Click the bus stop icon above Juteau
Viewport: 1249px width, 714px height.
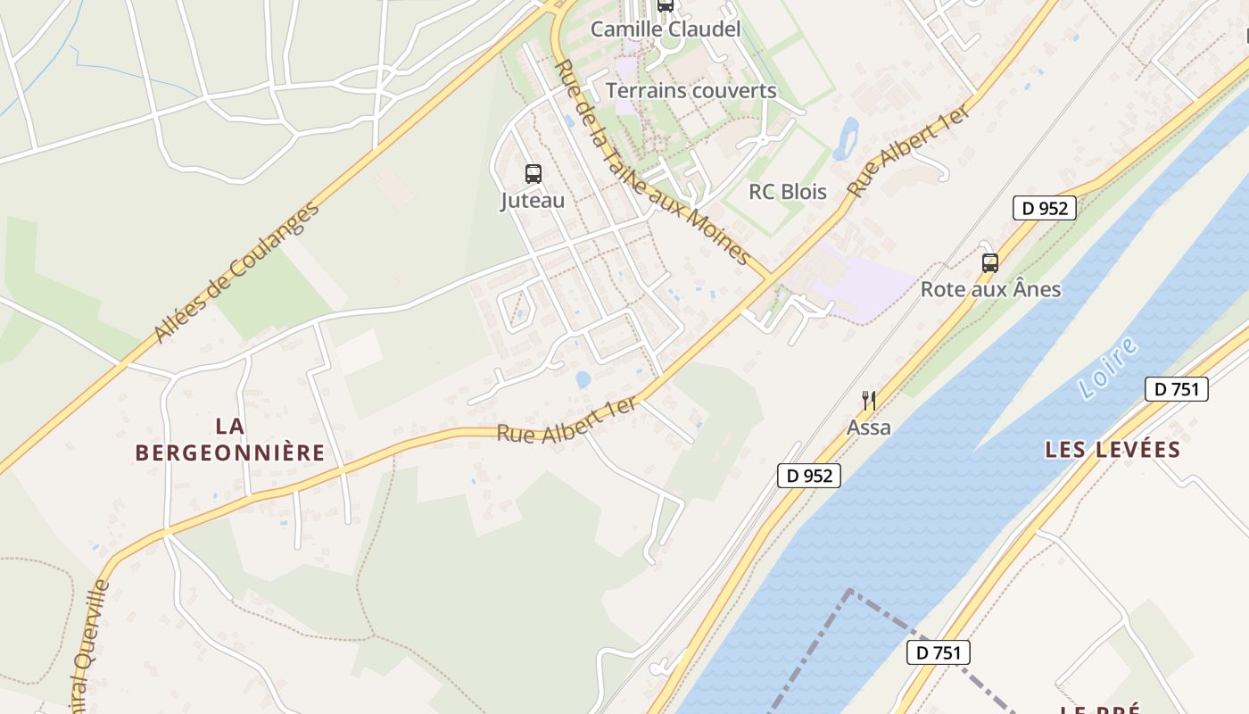(x=533, y=174)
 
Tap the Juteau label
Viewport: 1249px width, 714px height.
(x=533, y=201)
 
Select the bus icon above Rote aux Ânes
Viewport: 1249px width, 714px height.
(x=989, y=263)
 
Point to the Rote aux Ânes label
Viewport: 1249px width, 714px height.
(x=990, y=289)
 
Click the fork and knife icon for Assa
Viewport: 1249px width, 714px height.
(x=869, y=401)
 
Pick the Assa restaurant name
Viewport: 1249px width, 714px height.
(x=869, y=428)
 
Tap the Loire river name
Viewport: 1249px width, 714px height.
(x=1108, y=367)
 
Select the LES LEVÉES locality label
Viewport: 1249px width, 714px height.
(x=1112, y=450)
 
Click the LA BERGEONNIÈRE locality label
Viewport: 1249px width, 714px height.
(x=230, y=439)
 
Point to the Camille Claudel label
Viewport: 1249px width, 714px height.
(x=666, y=29)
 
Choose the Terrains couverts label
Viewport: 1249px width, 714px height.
(x=691, y=91)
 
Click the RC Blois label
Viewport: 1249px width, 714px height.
(x=788, y=192)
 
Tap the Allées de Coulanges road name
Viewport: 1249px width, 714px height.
(x=236, y=273)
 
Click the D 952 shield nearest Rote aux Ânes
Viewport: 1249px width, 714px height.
(x=1045, y=209)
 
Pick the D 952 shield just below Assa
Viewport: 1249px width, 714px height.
(x=809, y=476)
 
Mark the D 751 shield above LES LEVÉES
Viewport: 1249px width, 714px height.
(x=1176, y=389)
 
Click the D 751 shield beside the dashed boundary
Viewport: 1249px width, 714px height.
(x=938, y=652)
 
